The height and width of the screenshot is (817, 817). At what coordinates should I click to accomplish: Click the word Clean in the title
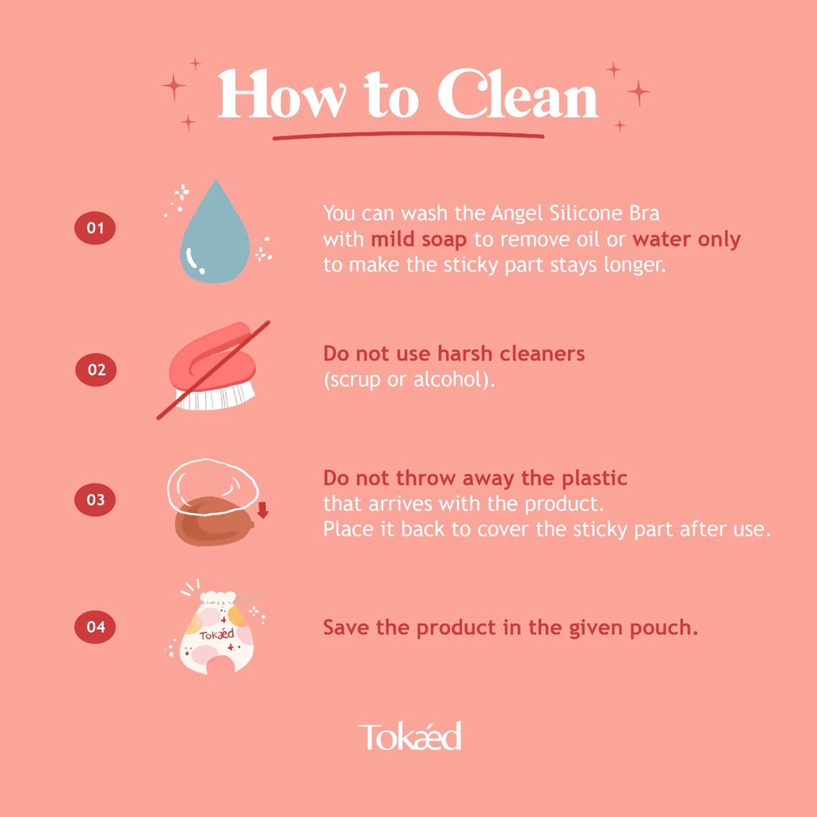pos(518,94)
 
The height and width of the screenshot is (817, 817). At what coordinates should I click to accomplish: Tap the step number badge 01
pos(95,228)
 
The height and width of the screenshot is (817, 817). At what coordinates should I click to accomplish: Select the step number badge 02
pos(96,370)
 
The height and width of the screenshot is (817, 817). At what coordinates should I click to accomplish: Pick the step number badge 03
pos(95,500)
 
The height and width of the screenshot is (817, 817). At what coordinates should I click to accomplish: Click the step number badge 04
pos(96,627)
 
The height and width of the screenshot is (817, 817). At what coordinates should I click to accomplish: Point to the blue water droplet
pos(215,237)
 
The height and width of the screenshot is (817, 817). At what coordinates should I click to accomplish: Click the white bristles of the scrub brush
pos(215,397)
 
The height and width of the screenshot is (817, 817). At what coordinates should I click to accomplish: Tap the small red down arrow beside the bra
pos(262,511)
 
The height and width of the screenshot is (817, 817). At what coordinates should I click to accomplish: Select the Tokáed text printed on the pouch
pos(217,635)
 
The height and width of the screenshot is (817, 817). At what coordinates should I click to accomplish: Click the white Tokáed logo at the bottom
pos(409,736)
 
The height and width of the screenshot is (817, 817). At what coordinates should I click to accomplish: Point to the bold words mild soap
pos(418,239)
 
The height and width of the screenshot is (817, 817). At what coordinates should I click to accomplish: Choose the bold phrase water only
pos(686,239)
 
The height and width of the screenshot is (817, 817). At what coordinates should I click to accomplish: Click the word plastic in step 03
pos(594,479)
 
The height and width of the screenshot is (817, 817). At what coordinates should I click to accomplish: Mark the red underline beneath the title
pos(408,136)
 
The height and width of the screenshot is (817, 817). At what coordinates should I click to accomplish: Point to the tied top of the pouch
pos(219,598)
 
